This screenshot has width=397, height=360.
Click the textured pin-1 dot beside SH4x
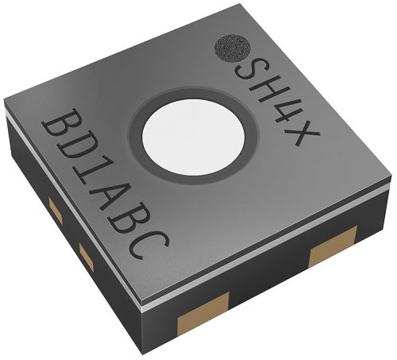[x=232, y=48]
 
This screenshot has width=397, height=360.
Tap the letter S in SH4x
[x=248, y=69]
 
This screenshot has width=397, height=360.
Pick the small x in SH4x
[x=304, y=134]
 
